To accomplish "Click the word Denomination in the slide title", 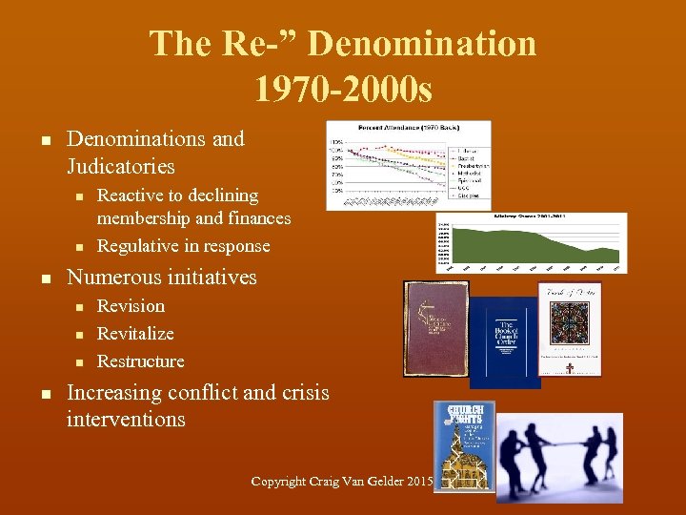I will [x=423, y=45].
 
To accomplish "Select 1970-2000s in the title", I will [x=343, y=90].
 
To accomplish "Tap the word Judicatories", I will [x=121, y=166].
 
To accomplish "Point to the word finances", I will [x=257, y=218].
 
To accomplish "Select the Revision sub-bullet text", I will [x=131, y=306].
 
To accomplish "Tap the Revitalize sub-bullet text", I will [x=135, y=334].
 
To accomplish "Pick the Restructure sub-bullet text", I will [x=141, y=361].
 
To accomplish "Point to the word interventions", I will [x=126, y=419].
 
